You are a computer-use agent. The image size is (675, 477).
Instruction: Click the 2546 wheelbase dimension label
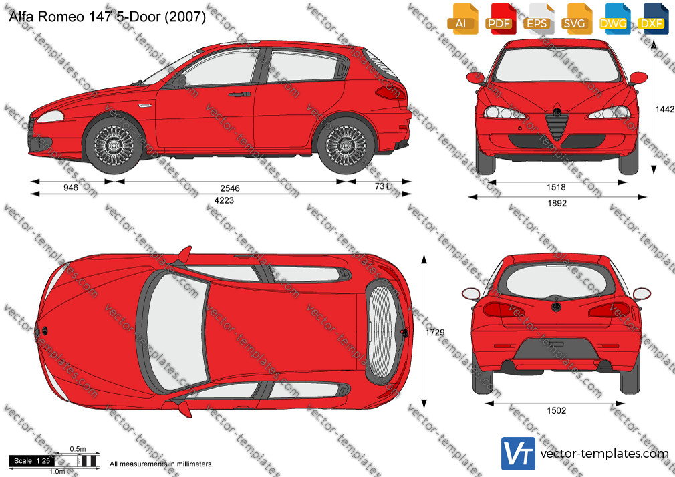click(229, 188)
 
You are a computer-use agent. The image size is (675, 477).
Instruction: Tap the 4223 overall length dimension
click(224, 200)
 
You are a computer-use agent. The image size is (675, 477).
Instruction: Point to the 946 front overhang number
click(71, 188)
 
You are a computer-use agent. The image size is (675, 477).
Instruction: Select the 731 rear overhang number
click(382, 186)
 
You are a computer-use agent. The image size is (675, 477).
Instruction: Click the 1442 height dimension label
click(664, 110)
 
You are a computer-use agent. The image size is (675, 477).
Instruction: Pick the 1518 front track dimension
click(556, 187)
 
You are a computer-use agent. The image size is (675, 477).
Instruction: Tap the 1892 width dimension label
click(557, 203)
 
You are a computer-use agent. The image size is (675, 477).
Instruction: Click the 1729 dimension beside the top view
click(435, 332)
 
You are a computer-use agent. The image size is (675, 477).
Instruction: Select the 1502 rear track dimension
click(556, 411)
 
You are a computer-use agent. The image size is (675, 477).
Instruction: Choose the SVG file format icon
click(575, 19)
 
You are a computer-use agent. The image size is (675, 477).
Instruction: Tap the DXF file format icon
click(652, 19)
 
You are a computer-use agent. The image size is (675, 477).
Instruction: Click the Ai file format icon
click(462, 19)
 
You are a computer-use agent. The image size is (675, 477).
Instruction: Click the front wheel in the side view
click(114, 145)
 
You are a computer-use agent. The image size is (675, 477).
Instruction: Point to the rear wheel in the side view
click(346, 145)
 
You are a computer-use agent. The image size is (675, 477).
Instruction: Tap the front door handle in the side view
click(239, 94)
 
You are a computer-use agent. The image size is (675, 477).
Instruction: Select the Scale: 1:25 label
click(32, 461)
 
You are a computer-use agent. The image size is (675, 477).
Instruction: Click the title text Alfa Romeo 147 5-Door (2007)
click(107, 16)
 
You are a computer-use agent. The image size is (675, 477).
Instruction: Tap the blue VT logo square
click(519, 454)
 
